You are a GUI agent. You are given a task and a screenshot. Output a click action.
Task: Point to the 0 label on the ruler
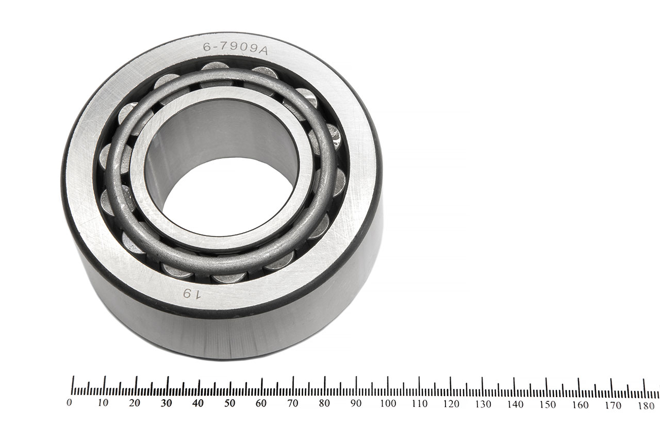click(x=70, y=403)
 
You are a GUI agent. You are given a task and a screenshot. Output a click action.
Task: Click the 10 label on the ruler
click(x=103, y=403)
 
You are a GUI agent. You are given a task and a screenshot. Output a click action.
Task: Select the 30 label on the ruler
click(x=166, y=403)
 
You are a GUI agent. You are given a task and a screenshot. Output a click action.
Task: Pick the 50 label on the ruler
click(x=229, y=403)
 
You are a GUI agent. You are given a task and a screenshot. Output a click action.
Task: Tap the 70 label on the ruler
click(x=293, y=403)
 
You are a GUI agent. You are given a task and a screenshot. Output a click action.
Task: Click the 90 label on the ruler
click(x=356, y=403)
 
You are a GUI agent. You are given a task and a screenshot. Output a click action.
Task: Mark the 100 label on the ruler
click(x=387, y=403)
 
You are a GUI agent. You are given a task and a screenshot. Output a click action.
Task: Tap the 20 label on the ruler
click(x=135, y=403)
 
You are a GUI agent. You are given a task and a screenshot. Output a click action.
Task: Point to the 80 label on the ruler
click(x=324, y=403)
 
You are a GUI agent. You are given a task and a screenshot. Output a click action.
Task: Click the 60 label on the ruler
click(x=261, y=403)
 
